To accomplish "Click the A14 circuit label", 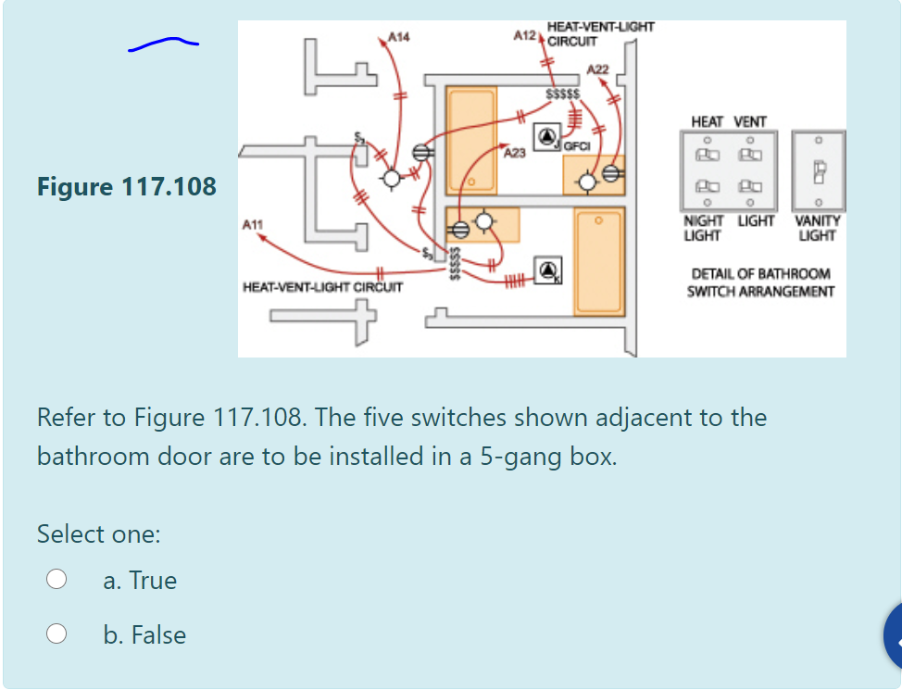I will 399,37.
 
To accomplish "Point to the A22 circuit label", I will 598,70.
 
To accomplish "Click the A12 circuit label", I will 525,34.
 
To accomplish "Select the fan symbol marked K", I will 548,270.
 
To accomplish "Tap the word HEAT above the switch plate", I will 708,121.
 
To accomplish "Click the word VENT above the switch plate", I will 750,121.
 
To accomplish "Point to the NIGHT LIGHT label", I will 702,229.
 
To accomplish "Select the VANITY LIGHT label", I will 817,229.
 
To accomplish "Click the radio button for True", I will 57,580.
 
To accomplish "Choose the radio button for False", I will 57,634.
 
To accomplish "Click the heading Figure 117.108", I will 127,187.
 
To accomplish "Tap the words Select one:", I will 98,534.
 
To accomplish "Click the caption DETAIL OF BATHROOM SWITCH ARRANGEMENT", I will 760,283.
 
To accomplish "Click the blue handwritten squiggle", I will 163,44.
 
